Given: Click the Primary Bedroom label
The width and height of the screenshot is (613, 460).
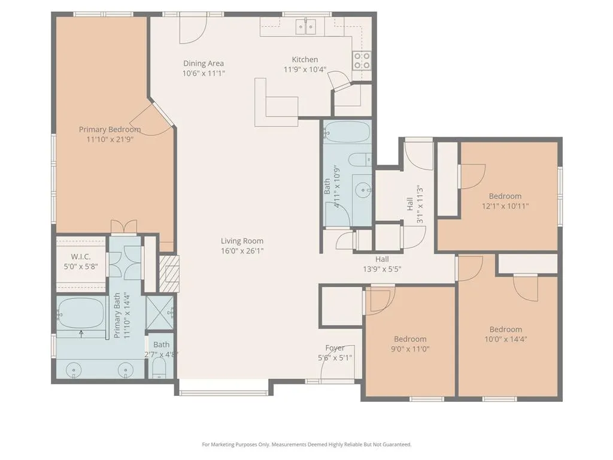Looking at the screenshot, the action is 110,129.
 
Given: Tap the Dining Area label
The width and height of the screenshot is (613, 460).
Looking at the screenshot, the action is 204,63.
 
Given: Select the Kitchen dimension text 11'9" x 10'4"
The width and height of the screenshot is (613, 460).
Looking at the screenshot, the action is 305,69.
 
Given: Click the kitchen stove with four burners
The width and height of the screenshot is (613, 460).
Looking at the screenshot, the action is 362,60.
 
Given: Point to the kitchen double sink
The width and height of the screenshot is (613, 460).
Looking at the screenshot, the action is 306,26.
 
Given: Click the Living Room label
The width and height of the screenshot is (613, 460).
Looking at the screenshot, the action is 242,241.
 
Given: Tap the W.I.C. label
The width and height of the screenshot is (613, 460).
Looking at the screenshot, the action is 81,256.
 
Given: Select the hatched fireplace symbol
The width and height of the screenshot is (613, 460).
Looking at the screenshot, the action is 169,274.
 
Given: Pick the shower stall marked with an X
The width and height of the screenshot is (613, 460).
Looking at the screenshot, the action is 159,313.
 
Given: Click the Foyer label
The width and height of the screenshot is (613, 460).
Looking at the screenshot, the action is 335,348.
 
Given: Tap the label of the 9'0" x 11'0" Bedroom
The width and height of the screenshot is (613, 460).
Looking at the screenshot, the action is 410,339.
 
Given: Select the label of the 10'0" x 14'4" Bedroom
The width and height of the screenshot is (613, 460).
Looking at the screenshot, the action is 505,329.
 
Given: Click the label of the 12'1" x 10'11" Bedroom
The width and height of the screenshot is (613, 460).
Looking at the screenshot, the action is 505,196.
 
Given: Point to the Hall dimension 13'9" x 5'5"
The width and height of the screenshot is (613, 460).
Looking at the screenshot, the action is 382,269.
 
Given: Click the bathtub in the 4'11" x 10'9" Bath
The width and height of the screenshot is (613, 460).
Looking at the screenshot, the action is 347,132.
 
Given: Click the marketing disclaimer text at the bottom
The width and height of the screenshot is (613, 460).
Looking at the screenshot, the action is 306,444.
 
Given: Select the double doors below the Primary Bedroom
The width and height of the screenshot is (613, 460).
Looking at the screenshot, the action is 124,226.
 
